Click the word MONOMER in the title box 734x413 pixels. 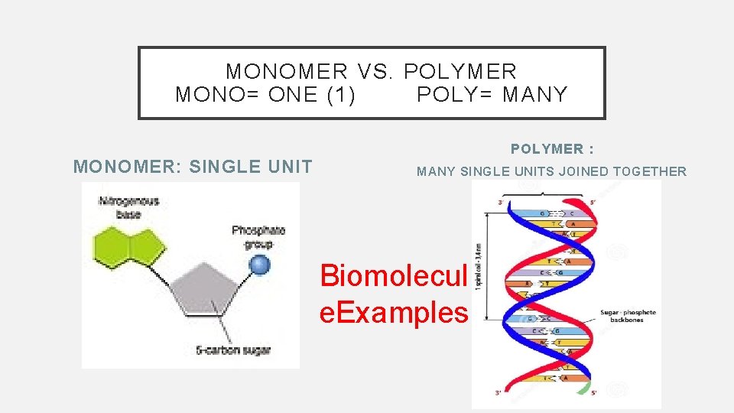287,72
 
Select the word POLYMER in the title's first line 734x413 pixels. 460,72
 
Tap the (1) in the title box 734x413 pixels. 339,95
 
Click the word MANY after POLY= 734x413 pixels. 535,95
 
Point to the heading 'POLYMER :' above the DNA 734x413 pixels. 553,148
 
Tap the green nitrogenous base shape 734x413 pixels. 130,246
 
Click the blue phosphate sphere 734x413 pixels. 261,265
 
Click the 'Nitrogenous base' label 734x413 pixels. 128,207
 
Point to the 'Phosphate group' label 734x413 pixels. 258,237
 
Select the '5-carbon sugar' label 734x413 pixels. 232,350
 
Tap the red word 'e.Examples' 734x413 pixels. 393,312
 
